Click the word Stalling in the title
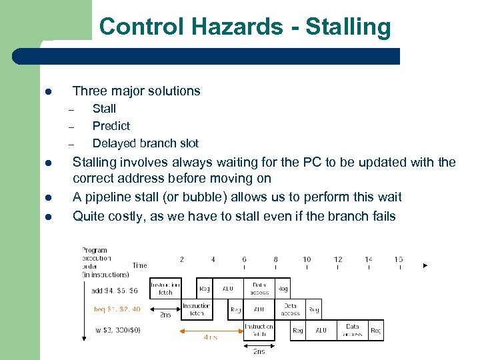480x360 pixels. (348, 27)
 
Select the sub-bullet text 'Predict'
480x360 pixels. (111, 126)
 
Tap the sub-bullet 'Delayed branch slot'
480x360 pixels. (145, 143)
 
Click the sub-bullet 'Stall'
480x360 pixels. (104, 109)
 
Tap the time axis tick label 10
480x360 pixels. (307, 259)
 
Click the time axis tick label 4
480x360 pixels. (213, 259)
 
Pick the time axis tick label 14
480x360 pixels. (368, 259)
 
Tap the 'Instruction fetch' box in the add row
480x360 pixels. (165, 289)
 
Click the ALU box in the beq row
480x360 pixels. (259, 309)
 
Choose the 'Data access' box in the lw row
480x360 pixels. (353, 330)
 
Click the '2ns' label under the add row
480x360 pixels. (165, 314)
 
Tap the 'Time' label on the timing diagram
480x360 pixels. (139, 265)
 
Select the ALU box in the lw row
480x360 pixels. (321, 330)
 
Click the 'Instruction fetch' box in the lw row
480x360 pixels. (259, 330)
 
